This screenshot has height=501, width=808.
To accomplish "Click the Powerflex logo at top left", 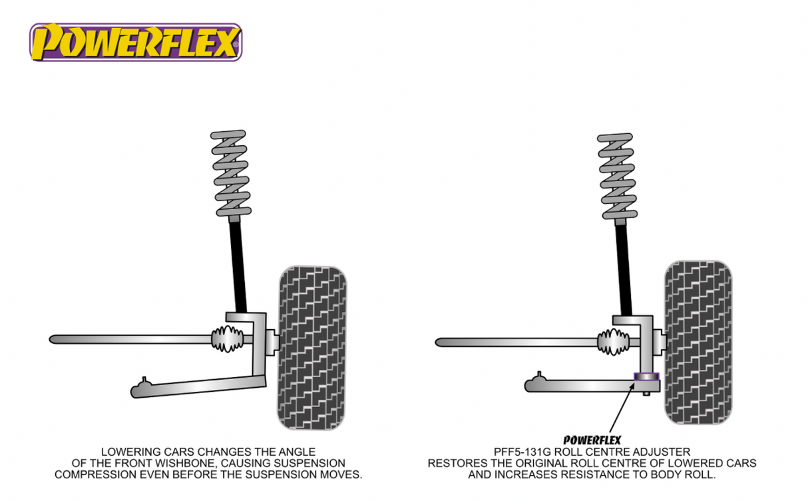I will (135, 42).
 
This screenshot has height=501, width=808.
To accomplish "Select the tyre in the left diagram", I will (312, 346).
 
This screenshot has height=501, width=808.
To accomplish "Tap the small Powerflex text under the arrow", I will (592, 440).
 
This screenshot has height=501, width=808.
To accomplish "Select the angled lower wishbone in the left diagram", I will (200, 386).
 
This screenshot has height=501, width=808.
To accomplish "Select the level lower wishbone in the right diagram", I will (579, 384).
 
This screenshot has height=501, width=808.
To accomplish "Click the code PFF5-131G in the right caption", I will (520, 452).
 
